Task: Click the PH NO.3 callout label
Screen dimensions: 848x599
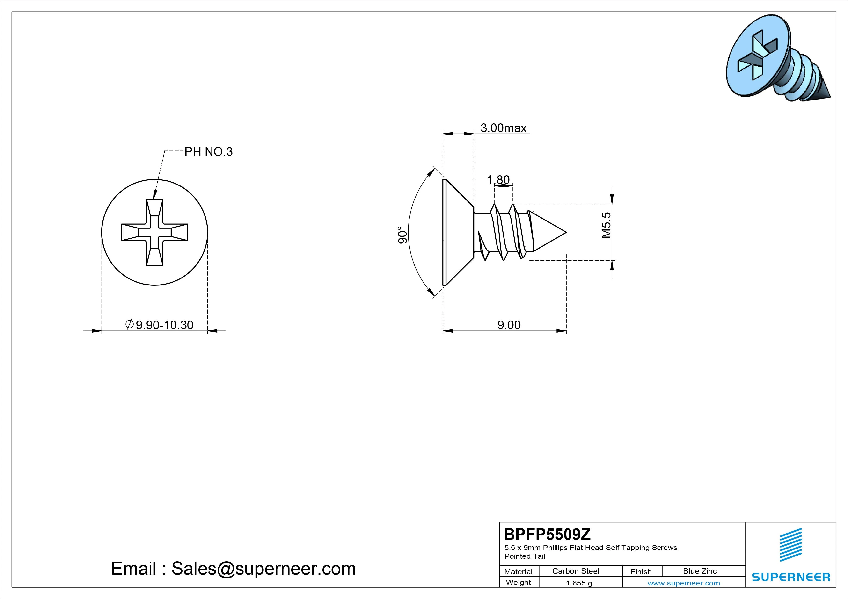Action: pyautogui.click(x=209, y=152)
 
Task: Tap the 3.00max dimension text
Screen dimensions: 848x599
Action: pyautogui.click(x=503, y=128)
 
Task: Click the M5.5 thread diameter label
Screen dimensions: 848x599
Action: pyautogui.click(x=606, y=225)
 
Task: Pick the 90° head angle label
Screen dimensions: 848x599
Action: pyautogui.click(x=402, y=235)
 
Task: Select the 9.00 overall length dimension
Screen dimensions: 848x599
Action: pyautogui.click(x=509, y=325)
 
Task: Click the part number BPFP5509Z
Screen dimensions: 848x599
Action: pyautogui.click(x=547, y=534)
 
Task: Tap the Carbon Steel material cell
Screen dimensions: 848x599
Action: pyautogui.click(x=575, y=571)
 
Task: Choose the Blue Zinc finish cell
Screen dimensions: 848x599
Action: pyautogui.click(x=700, y=571)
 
